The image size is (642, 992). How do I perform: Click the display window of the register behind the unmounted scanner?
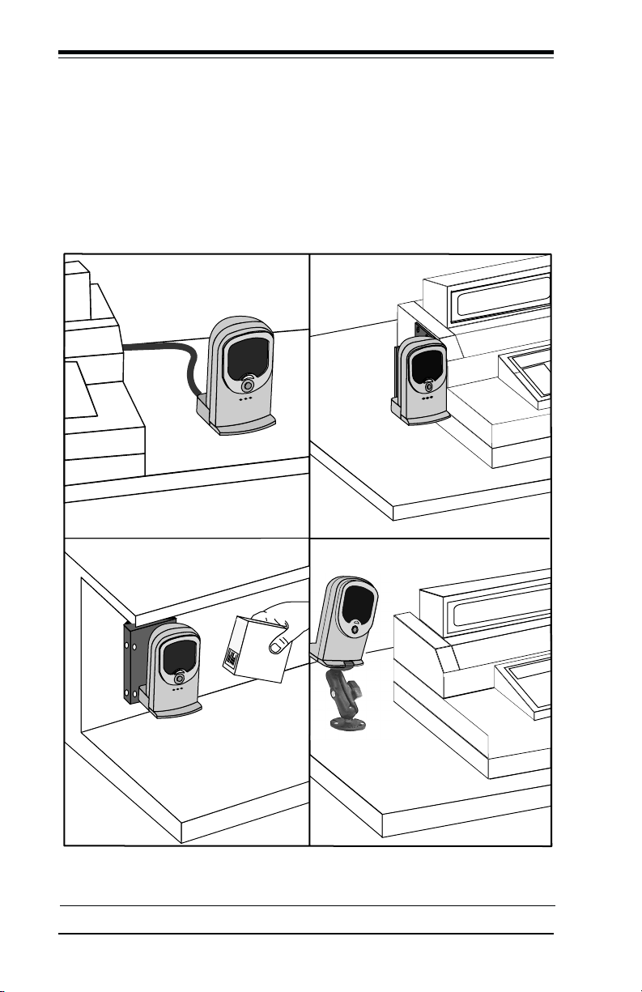pyautogui.click(x=502, y=296)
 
